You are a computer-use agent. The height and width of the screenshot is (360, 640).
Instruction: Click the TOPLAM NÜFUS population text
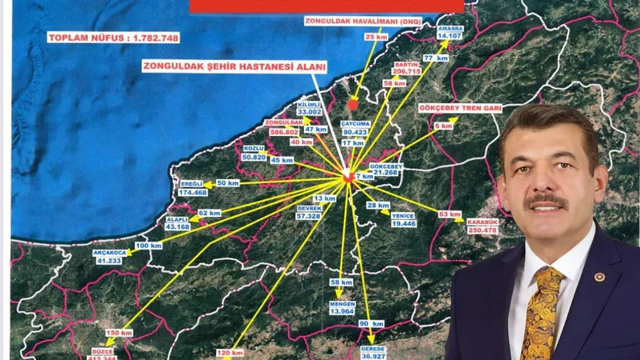click(x=113, y=38)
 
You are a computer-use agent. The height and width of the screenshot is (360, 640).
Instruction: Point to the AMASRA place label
click(x=450, y=27)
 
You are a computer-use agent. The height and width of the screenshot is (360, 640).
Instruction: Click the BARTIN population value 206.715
click(x=406, y=71)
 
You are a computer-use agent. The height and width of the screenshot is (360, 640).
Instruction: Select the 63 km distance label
click(x=450, y=214)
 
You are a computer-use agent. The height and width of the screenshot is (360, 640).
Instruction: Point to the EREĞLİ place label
click(x=193, y=184)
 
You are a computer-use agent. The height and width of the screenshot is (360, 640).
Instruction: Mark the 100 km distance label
click(x=143, y=245)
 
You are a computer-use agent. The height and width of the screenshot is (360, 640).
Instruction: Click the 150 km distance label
click(x=118, y=332)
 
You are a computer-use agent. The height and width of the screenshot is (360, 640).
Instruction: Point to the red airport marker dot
click(x=353, y=104)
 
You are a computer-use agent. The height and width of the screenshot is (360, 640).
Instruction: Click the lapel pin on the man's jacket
click(x=599, y=276)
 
